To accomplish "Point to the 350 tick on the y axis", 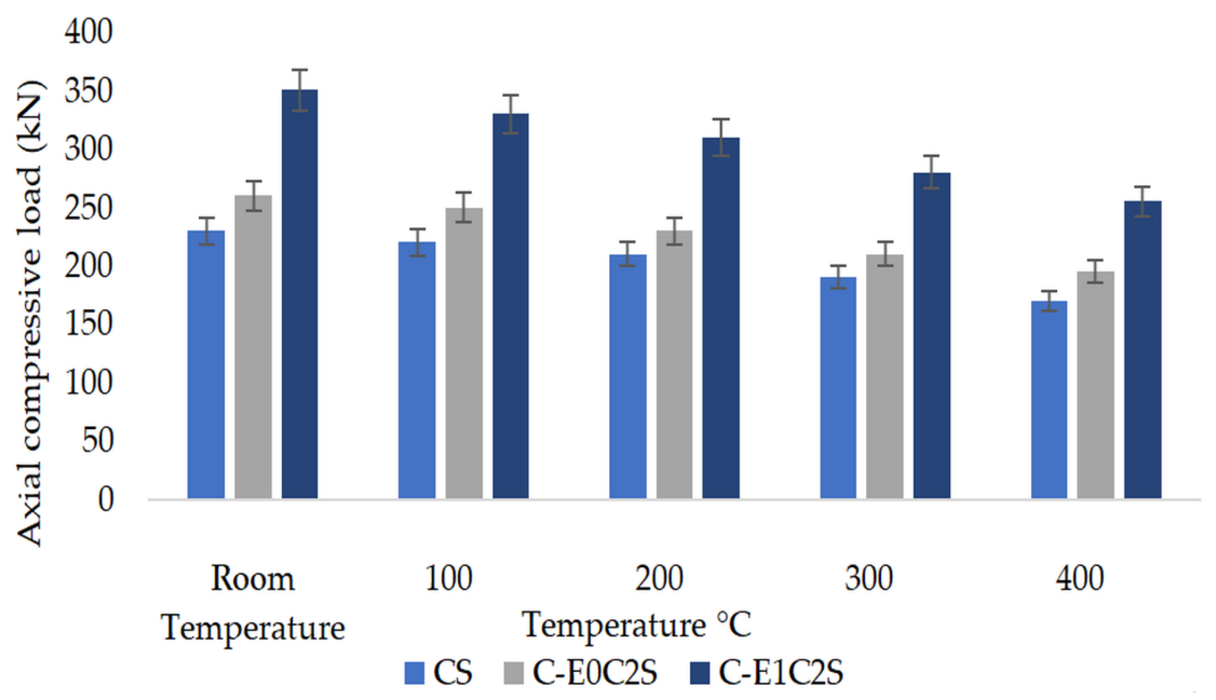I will point(88,90).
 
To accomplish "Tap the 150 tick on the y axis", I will point(88,324).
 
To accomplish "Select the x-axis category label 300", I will point(869,579).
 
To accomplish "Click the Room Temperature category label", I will point(253,603).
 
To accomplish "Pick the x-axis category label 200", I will point(659,579).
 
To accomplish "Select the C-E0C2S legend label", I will point(595,672).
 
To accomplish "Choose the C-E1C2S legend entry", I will point(780,672).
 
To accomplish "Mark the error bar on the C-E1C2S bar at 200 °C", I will point(721,137).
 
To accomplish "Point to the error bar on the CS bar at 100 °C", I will point(417,242).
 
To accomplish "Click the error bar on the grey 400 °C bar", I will point(1095,272).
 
